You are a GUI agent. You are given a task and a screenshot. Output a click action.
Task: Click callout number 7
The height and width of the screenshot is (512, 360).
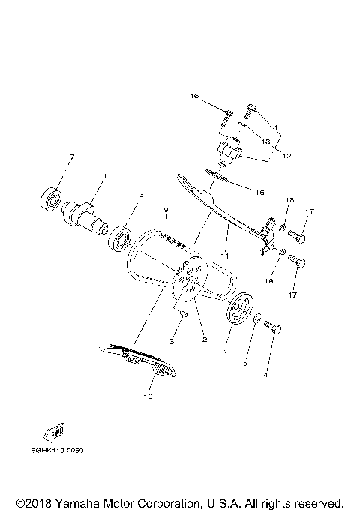(72, 157)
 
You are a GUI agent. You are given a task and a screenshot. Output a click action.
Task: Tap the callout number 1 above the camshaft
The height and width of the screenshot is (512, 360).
(105, 177)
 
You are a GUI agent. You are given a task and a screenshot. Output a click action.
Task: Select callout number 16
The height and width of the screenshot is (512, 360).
(193, 97)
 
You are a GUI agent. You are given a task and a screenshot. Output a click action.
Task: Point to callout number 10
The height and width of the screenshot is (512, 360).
(147, 397)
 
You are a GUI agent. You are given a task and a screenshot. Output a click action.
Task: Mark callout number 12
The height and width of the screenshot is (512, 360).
(286, 156)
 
